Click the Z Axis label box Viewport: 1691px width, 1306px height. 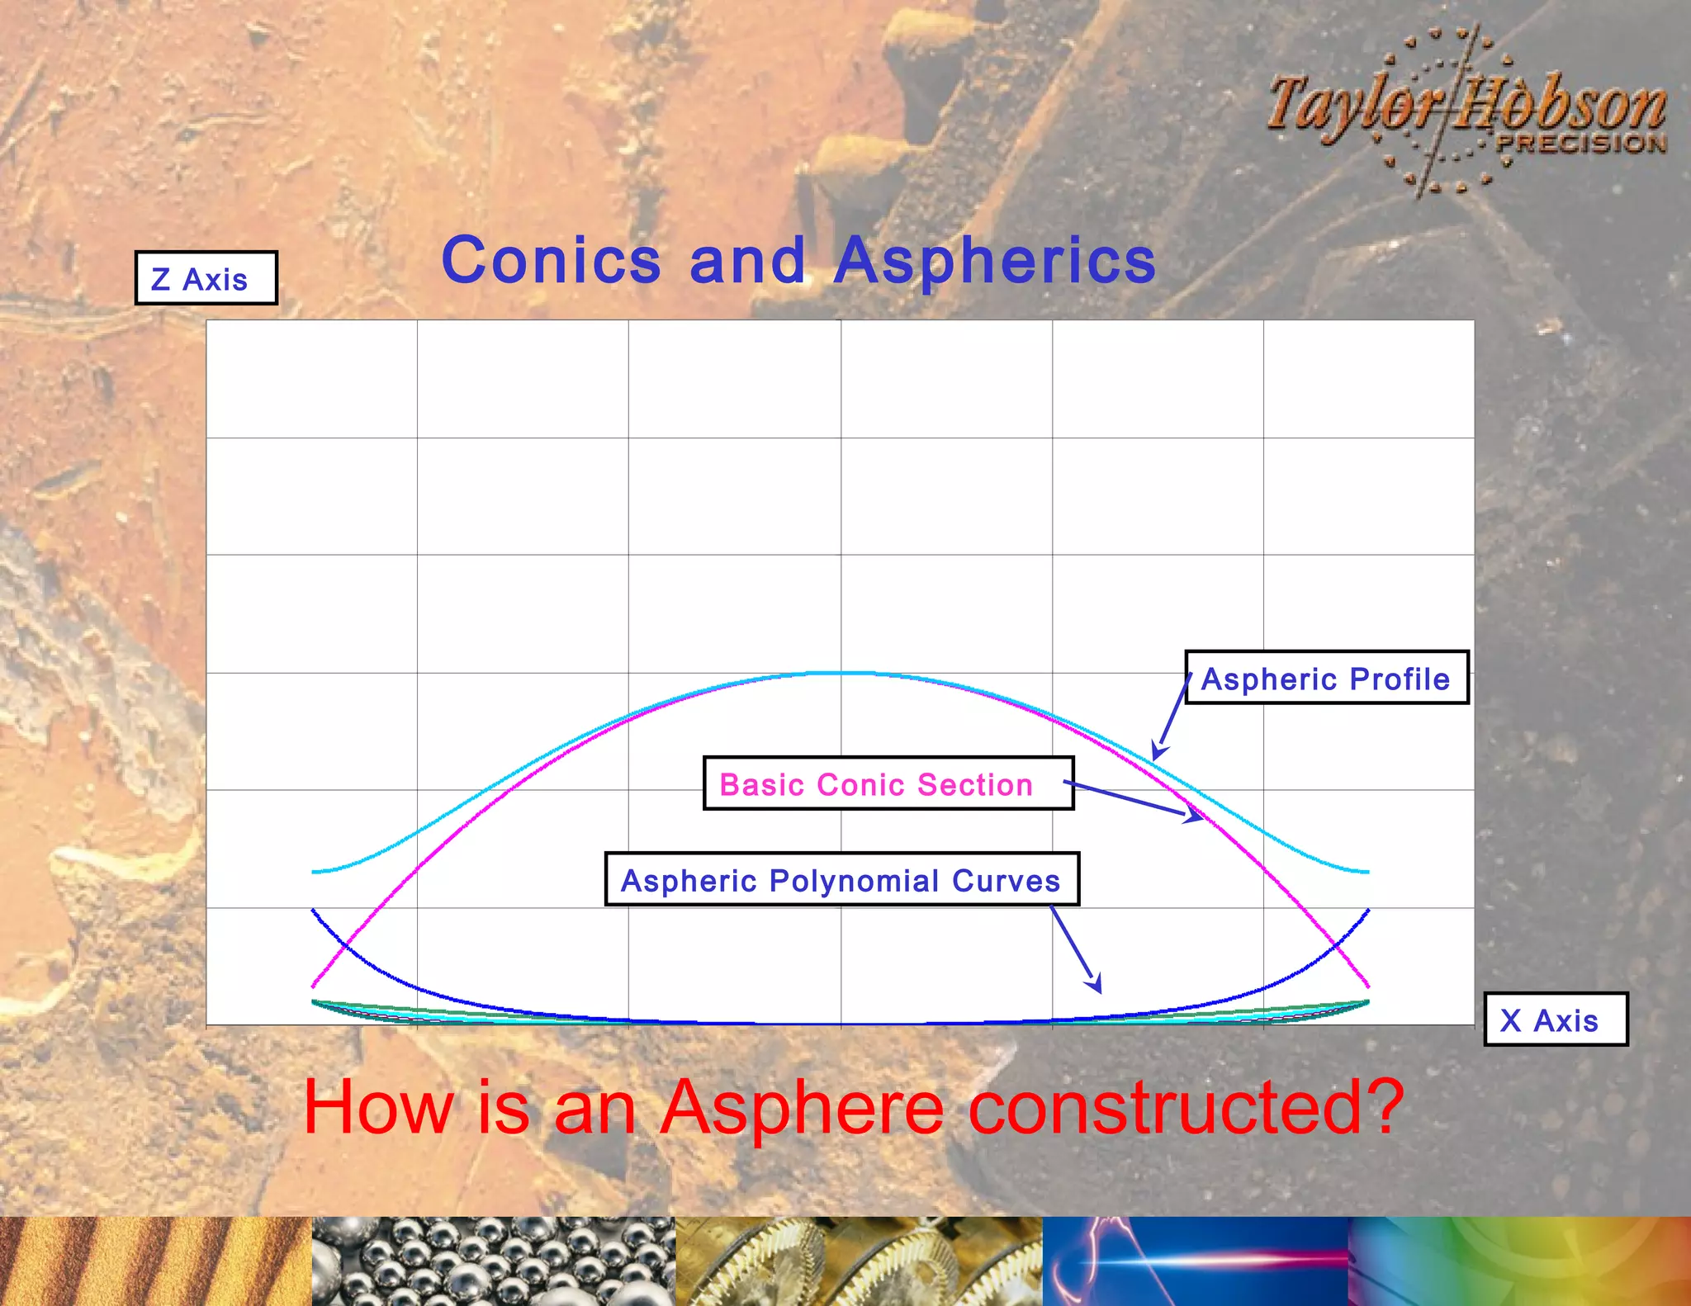click(x=206, y=278)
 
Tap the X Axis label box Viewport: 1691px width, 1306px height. click(x=1555, y=1020)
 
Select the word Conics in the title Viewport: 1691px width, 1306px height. click(x=551, y=261)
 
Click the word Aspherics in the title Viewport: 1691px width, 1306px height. click(x=994, y=261)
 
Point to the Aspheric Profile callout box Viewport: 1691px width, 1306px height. click(x=1326, y=678)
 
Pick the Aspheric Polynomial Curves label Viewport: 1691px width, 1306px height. click(x=841, y=880)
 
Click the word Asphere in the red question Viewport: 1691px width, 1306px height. click(x=802, y=1107)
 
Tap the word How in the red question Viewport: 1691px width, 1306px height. click(x=379, y=1107)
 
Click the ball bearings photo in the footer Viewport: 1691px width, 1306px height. click(x=493, y=1261)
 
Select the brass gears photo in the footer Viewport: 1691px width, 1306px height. click(x=859, y=1261)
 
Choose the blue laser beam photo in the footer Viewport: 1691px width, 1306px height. click(x=1195, y=1261)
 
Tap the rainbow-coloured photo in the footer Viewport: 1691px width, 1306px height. click(x=1519, y=1261)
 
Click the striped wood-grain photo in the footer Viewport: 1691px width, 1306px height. click(x=155, y=1261)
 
